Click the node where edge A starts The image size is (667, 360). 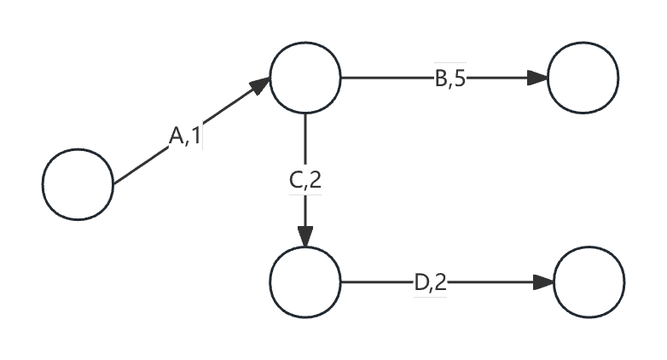(78, 184)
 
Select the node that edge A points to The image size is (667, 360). (305, 78)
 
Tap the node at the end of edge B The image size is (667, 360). (583, 78)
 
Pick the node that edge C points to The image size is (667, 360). (305, 281)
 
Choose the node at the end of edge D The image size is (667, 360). (589, 281)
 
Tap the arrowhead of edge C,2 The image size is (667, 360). (305, 237)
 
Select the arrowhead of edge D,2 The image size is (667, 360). (543, 281)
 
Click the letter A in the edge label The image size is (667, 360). (176, 135)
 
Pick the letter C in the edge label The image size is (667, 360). (296, 180)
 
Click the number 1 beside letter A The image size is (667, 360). (195, 135)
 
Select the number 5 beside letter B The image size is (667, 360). (459, 78)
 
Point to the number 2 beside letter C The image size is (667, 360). (315, 180)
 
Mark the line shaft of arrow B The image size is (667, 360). (384, 78)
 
